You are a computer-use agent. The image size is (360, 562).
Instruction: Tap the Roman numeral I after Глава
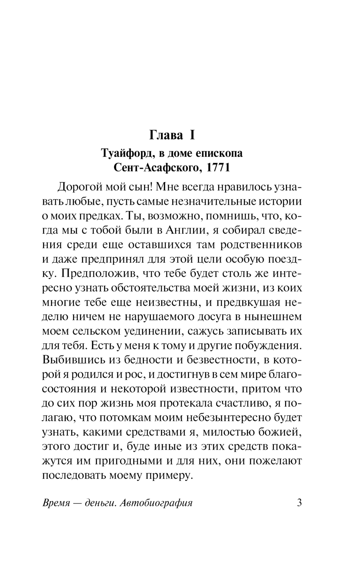click(192, 135)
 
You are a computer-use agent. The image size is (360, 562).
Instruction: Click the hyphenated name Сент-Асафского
click(155, 168)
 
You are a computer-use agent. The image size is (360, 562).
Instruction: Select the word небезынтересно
click(217, 417)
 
